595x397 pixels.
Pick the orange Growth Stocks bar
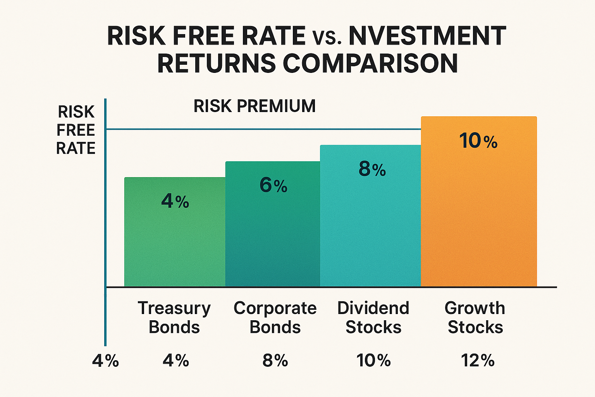pyautogui.click(x=479, y=217)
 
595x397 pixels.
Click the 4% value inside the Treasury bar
pyautogui.click(x=175, y=201)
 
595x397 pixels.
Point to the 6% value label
pyautogui.click(x=273, y=185)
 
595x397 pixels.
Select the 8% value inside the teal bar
pyautogui.click(x=372, y=169)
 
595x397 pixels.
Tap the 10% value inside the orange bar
pyautogui.click(x=478, y=141)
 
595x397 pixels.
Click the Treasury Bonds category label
pyautogui.click(x=174, y=317)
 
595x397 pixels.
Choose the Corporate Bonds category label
pyautogui.click(x=275, y=317)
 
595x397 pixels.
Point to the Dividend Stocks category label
pyautogui.click(x=373, y=317)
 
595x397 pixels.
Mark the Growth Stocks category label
pyautogui.click(x=475, y=317)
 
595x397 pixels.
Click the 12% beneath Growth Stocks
pyautogui.click(x=478, y=361)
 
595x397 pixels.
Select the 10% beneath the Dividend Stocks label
pyautogui.click(x=373, y=361)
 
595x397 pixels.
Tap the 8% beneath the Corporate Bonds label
pyautogui.click(x=275, y=361)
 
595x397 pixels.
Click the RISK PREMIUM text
pyautogui.click(x=255, y=106)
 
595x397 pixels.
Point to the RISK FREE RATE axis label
pyautogui.click(x=76, y=130)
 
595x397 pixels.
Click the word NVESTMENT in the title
pyautogui.click(x=427, y=36)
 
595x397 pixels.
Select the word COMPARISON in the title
pyautogui.click(x=371, y=63)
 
